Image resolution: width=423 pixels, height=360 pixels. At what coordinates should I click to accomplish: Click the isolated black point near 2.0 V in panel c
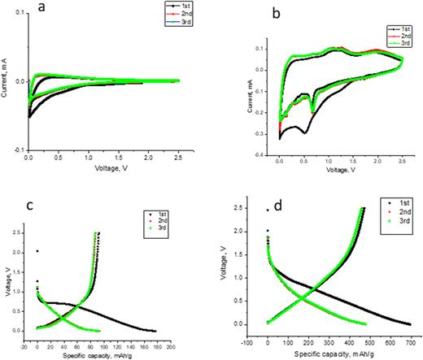tap(37, 251)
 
